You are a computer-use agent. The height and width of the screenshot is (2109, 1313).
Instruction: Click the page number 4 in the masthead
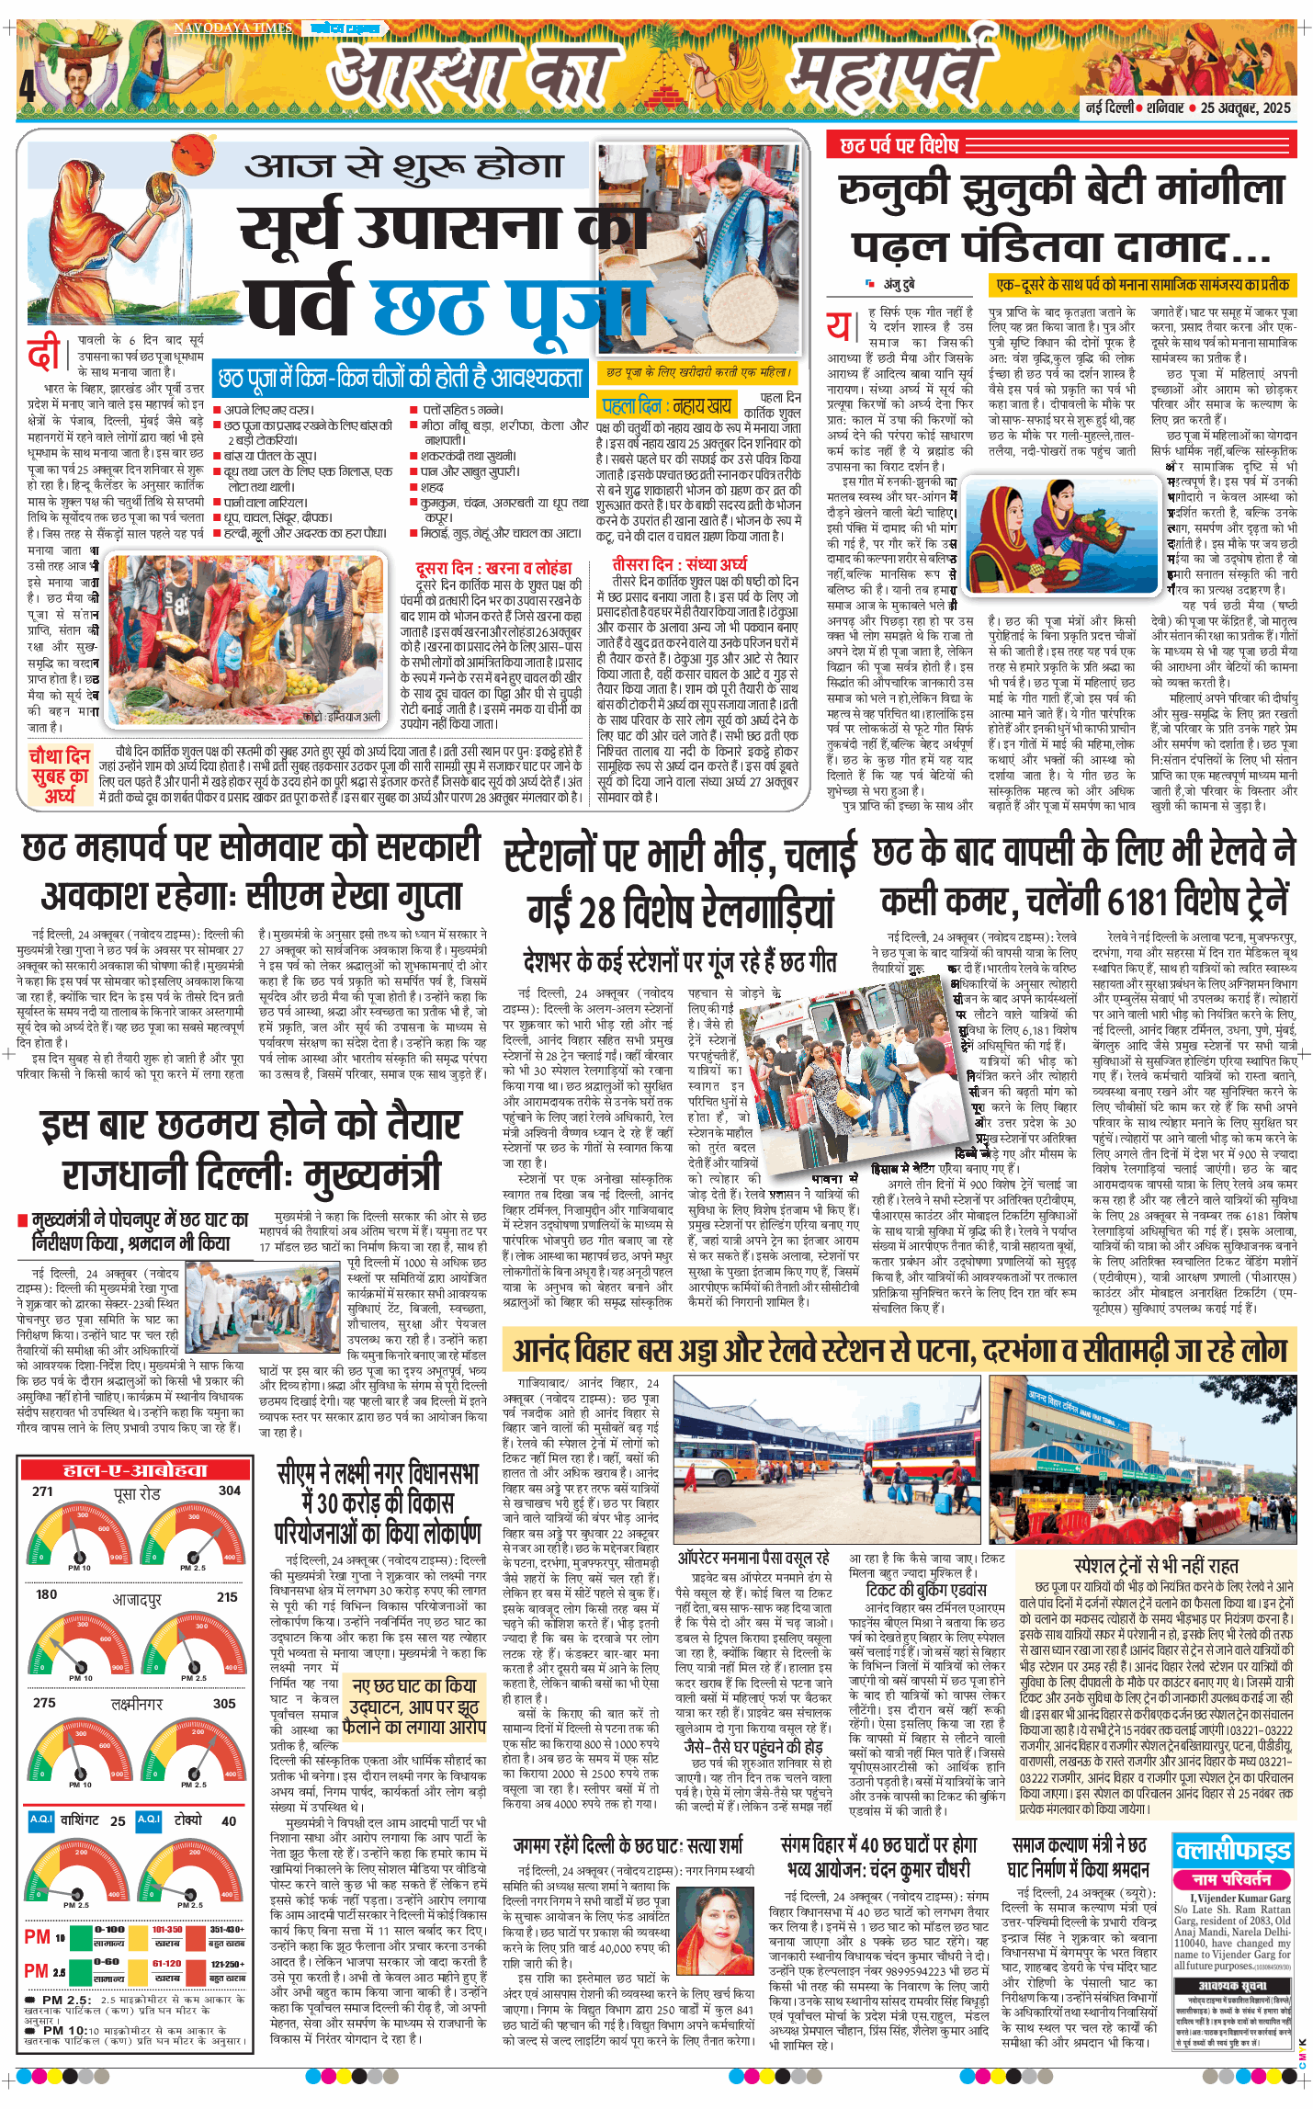28,86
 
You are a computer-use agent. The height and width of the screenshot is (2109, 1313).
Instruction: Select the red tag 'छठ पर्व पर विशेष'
900,145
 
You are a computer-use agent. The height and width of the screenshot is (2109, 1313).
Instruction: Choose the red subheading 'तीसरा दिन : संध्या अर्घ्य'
679,563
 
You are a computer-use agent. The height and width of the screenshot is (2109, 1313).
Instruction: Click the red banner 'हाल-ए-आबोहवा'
135,1470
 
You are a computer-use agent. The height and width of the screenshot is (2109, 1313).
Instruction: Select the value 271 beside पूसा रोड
42,1491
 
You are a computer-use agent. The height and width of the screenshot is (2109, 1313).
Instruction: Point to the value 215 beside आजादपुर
227,1596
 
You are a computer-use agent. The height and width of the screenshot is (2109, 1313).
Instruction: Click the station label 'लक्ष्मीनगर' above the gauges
137,1703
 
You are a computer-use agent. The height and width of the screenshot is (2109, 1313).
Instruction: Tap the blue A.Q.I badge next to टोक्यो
148,1819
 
